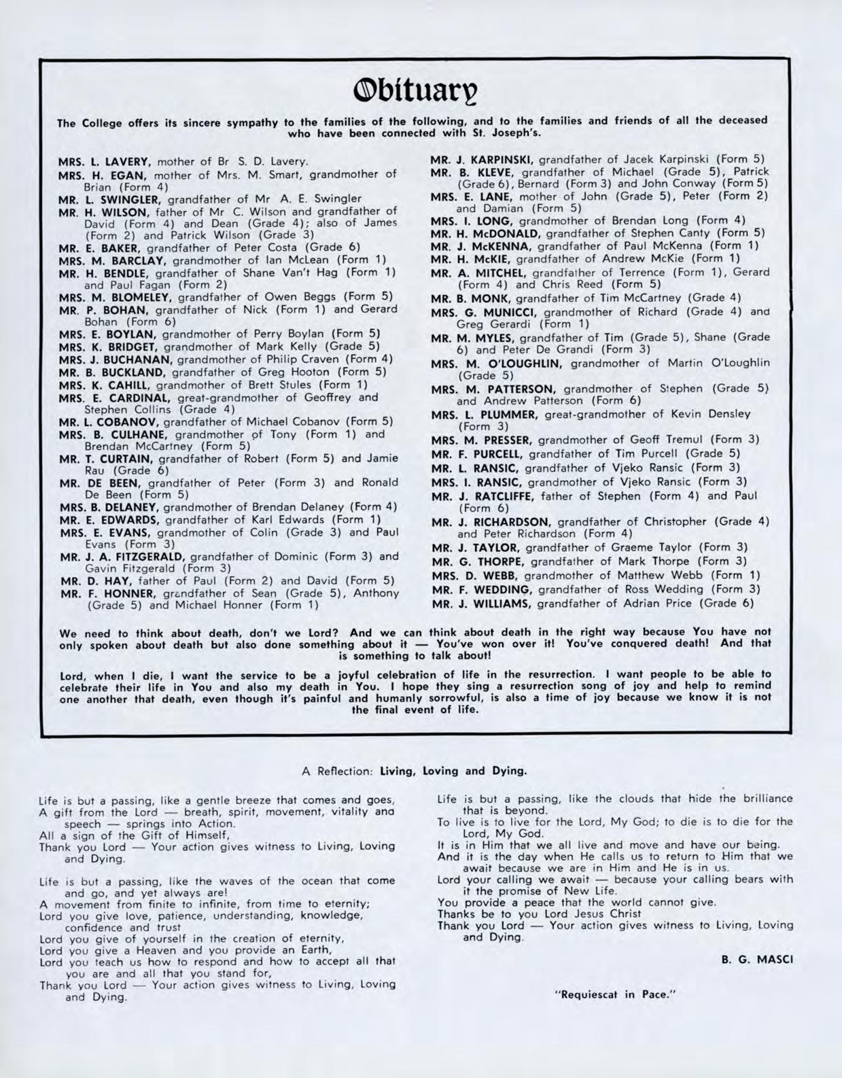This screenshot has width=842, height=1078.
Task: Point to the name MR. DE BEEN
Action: (x=100, y=483)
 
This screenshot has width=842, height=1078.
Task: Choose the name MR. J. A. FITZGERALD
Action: (x=123, y=557)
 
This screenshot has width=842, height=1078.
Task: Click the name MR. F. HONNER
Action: (x=106, y=593)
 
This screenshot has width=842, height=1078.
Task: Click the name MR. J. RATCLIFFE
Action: (x=485, y=495)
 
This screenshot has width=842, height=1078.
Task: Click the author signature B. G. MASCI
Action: (x=756, y=959)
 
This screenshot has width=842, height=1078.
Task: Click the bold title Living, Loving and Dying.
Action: (x=453, y=771)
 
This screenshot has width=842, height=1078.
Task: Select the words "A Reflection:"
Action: (x=338, y=771)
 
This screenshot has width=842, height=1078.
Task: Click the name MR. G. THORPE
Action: (x=478, y=561)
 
